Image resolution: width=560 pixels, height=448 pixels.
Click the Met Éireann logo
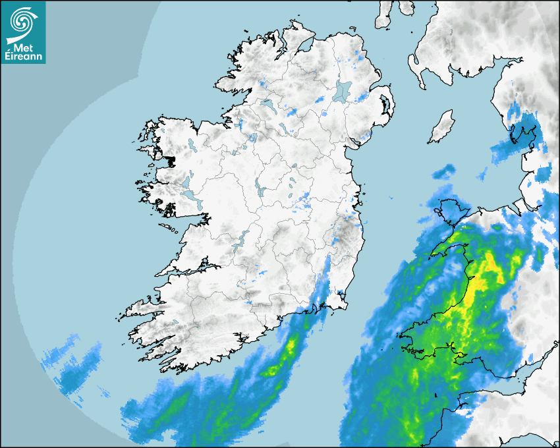(x=23, y=32)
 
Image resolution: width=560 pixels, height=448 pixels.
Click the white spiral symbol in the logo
(x=22, y=22)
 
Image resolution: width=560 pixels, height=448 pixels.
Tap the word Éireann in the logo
(x=24, y=55)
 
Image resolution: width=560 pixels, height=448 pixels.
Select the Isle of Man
(x=442, y=128)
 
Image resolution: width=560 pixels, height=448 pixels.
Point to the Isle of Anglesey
(x=449, y=211)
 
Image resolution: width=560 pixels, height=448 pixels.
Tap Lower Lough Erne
(x=267, y=105)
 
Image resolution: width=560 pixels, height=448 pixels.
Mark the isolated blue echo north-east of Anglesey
(x=444, y=173)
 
